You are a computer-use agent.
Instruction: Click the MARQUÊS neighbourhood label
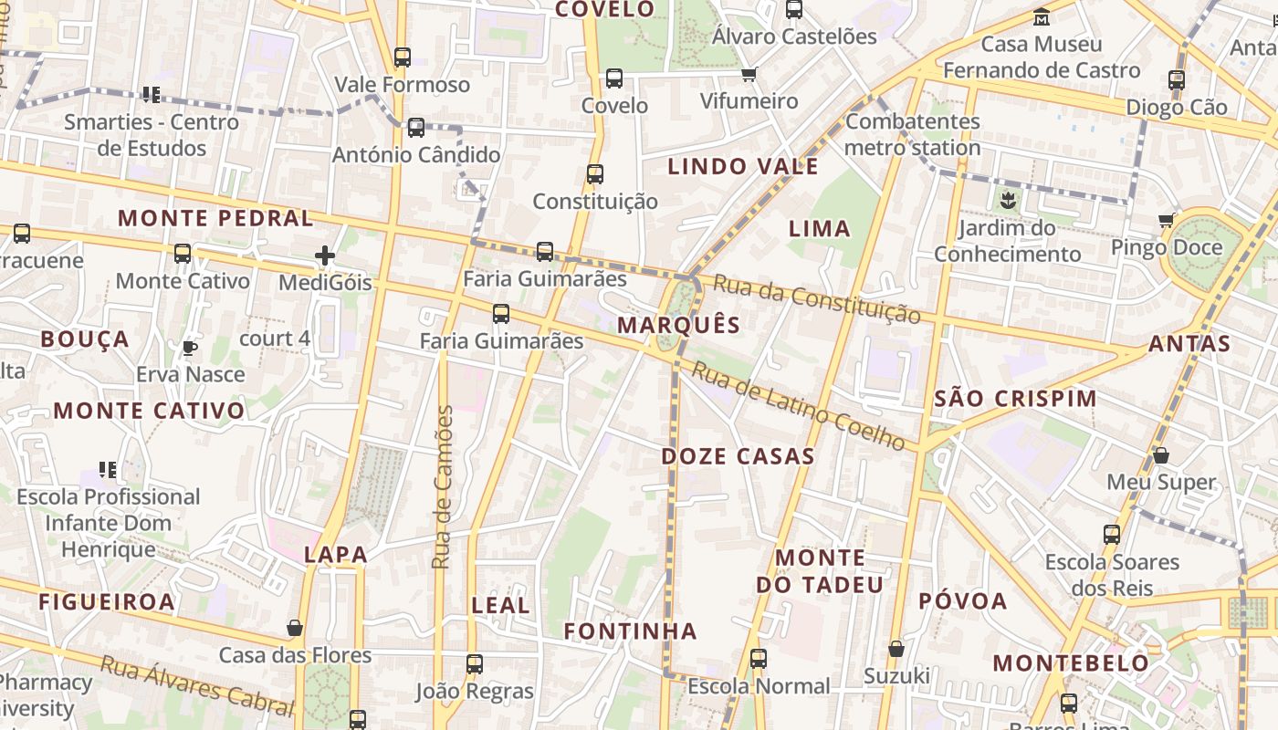coord(678,325)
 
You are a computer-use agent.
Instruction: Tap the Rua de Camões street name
coord(443,487)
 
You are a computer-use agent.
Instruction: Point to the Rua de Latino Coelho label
coord(798,405)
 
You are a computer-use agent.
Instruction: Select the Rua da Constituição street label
coord(816,297)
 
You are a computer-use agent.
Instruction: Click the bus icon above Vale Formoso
coord(403,57)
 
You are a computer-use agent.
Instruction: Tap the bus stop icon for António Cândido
coord(416,127)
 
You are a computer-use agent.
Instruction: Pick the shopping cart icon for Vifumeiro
coord(749,74)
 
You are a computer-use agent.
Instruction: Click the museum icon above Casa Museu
coord(1042,16)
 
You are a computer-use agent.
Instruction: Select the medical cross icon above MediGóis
coord(324,255)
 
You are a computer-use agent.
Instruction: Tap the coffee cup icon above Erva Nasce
coord(190,348)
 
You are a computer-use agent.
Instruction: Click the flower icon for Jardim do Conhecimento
coord(1008,200)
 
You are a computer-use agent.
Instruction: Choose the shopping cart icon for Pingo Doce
coord(1166,220)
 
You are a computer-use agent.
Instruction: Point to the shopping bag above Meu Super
coord(1161,454)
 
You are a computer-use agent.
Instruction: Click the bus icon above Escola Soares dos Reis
coord(1112,535)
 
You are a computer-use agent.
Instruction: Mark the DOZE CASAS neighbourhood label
coord(738,456)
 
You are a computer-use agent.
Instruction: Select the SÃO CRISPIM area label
coord(1015,399)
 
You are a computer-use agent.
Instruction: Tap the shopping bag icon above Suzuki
coord(896,649)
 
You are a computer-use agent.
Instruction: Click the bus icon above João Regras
coord(475,663)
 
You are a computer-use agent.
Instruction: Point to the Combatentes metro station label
coord(913,134)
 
